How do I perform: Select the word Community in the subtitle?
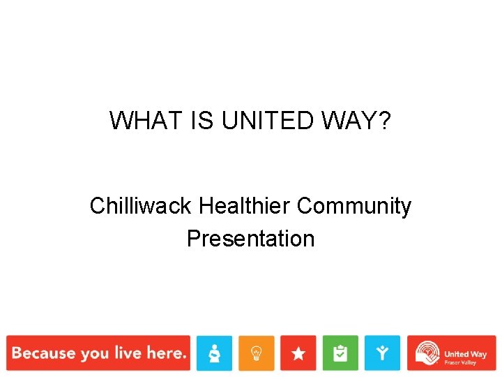coord(354,207)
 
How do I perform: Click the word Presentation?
coord(250,239)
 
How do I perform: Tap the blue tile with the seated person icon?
coord(214,353)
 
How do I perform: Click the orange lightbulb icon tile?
coord(257,353)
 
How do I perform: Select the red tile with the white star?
coord(298,353)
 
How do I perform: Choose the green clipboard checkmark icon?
coord(340,353)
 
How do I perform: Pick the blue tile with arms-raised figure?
coord(382,353)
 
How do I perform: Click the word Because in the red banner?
coord(43,353)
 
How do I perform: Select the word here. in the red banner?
coord(166,353)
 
